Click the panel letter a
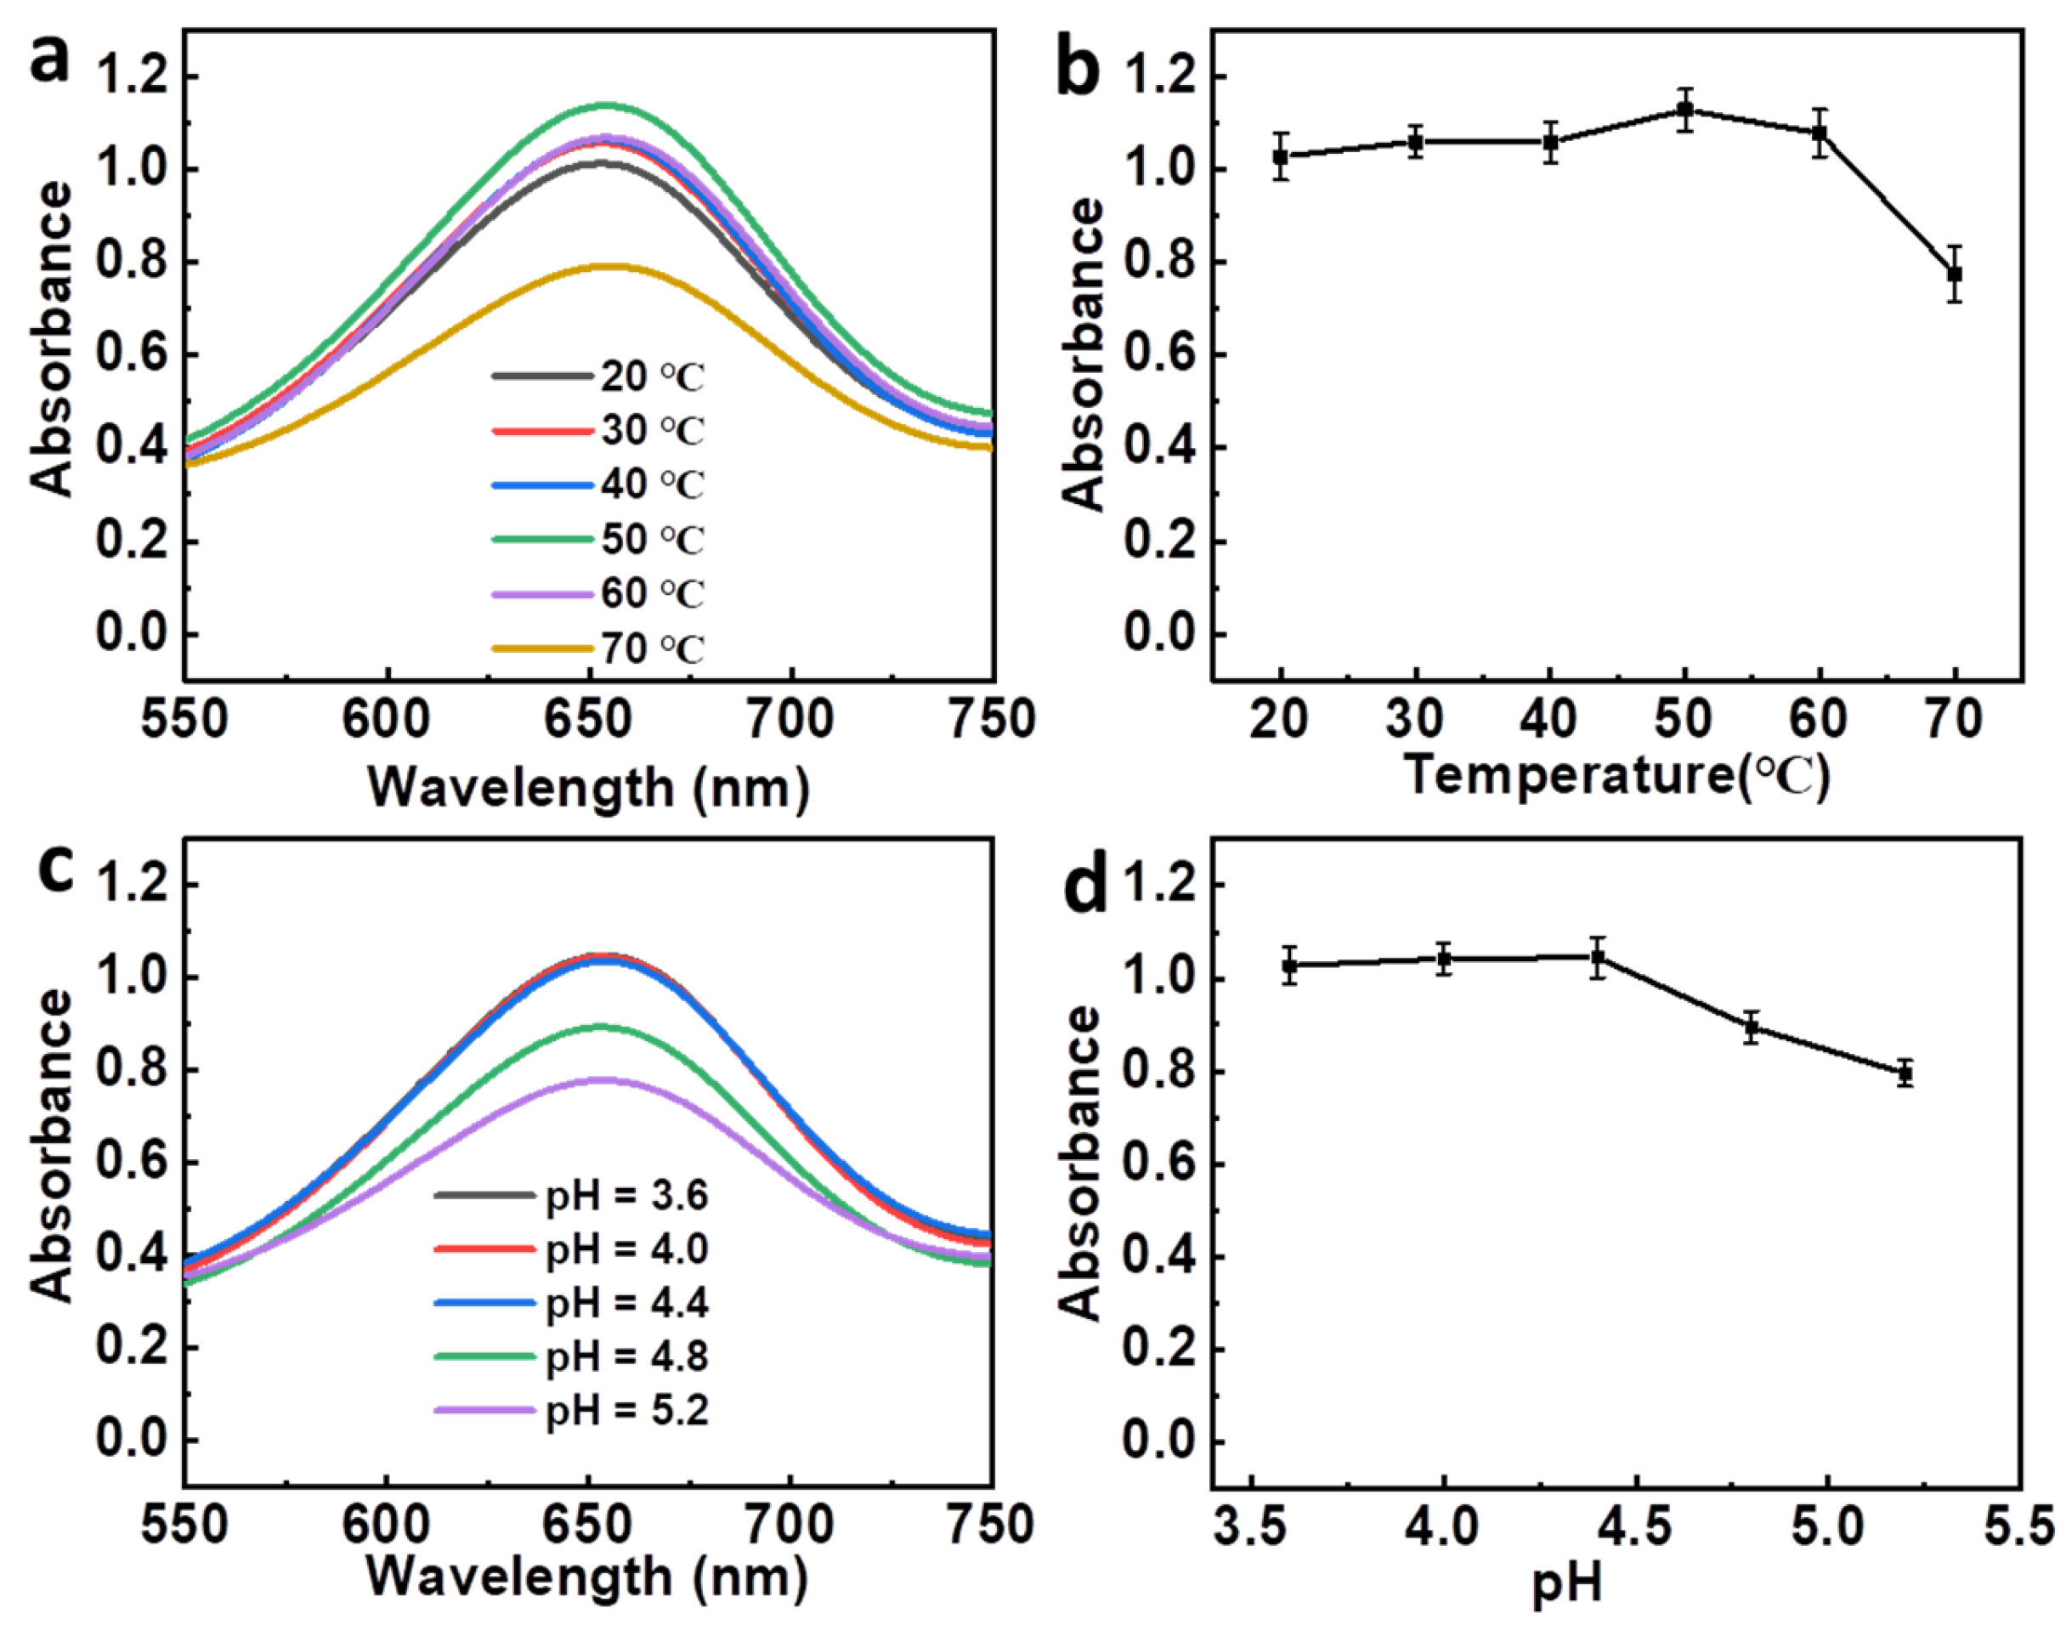(50, 62)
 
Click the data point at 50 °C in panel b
(1684, 110)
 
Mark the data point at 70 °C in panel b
(1954, 274)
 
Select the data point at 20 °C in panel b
(1280, 156)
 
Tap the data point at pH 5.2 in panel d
(1905, 1073)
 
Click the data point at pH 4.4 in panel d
(1597, 957)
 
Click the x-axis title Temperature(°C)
(1616, 773)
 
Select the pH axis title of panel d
(1566, 1583)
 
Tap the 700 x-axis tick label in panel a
(791, 720)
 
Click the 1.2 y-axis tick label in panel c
(131, 884)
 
